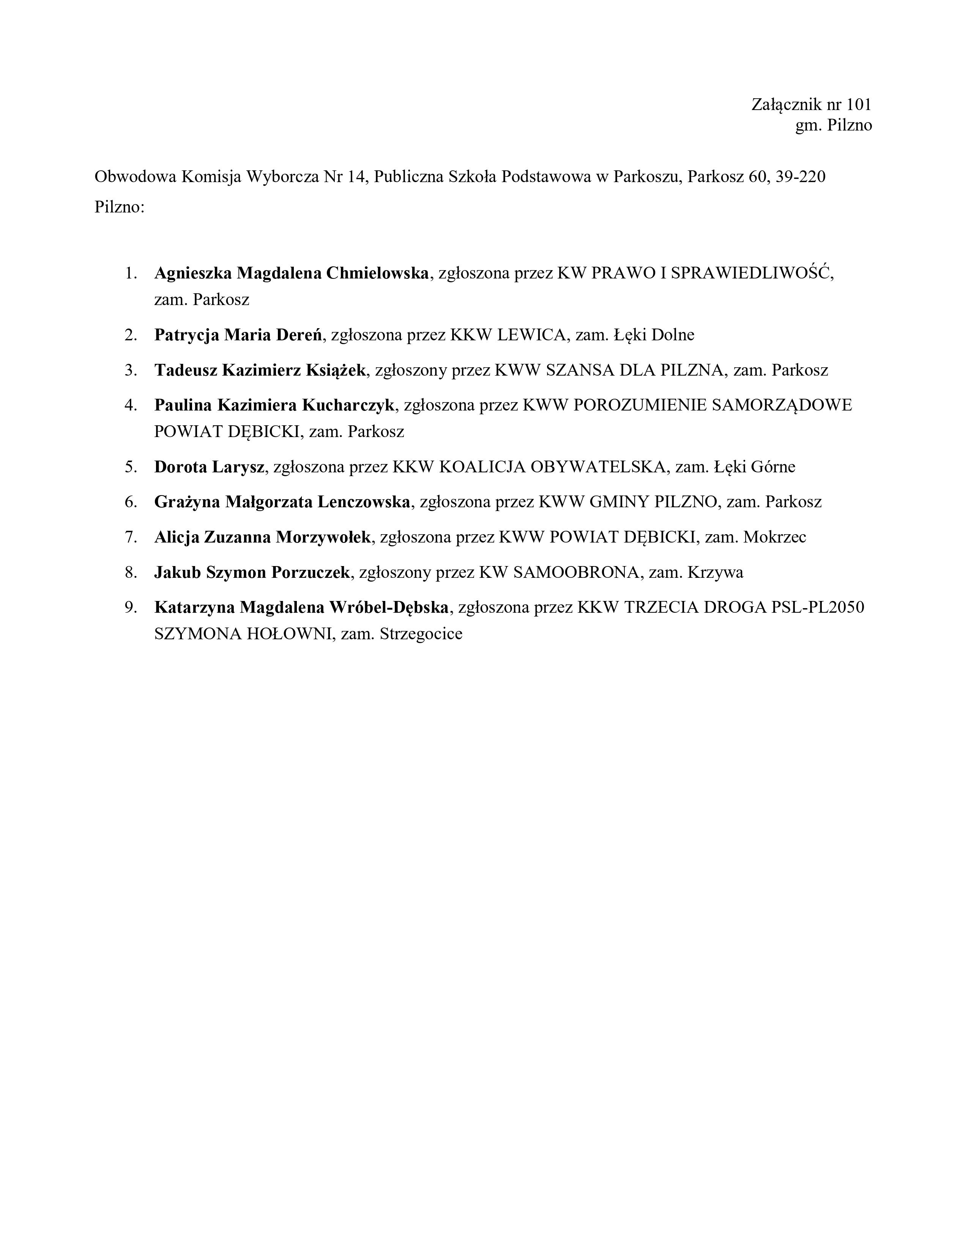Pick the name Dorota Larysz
pyautogui.click(x=209, y=467)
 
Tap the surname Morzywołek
pyautogui.click(x=324, y=537)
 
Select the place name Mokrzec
pyautogui.click(x=775, y=537)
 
